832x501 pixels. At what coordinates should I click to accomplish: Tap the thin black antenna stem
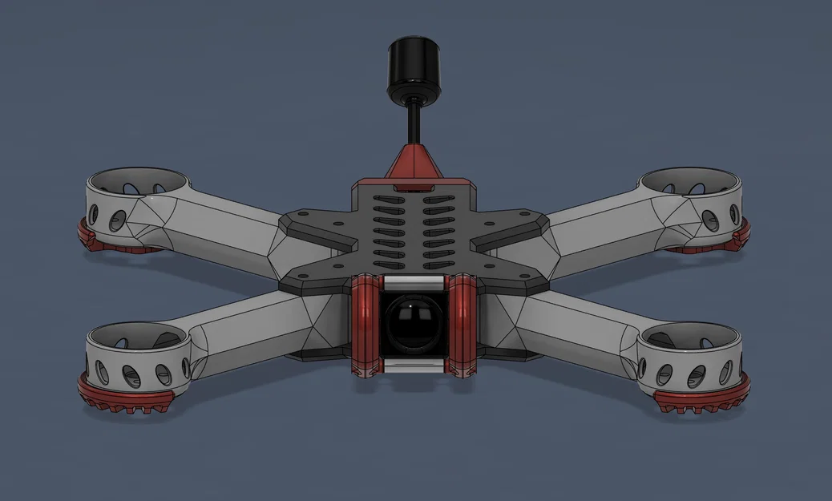click(x=414, y=121)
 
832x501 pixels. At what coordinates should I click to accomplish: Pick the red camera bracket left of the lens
click(x=364, y=324)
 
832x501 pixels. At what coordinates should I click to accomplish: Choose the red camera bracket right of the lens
click(x=462, y=324)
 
